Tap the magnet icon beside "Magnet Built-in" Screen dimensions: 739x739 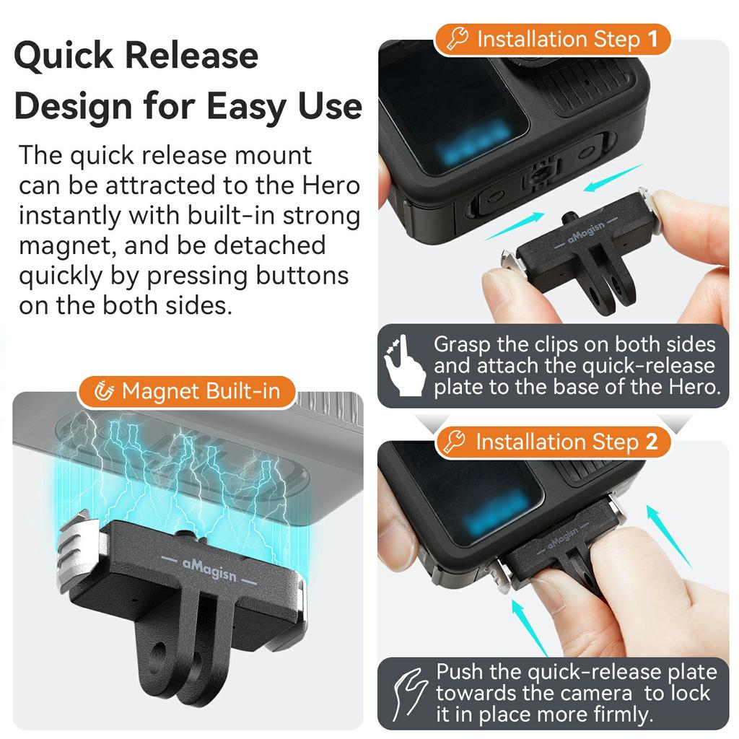[105, 392]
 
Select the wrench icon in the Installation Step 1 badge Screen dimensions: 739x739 [458, 39]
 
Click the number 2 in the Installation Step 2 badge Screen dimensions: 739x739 [652, 442]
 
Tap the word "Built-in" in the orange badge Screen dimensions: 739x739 [249, 392]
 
